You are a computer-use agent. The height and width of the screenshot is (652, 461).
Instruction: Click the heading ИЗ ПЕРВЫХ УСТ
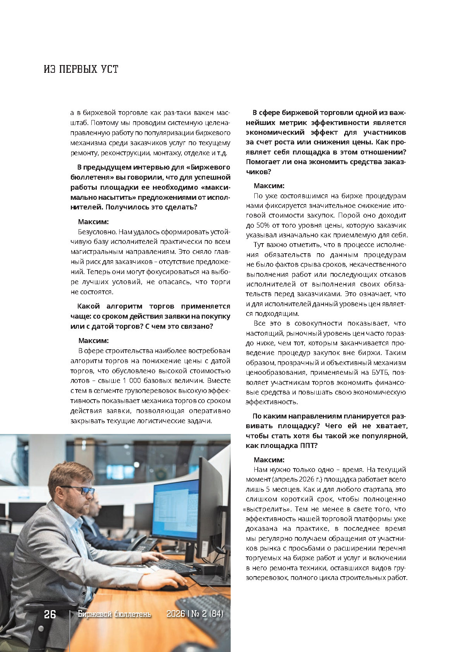click(81, 69)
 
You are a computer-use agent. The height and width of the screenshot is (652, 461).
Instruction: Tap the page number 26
click(50, 614)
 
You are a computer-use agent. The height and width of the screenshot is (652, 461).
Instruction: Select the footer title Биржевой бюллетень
click(114, 614)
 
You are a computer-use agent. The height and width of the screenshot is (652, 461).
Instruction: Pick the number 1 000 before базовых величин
click(132, 381)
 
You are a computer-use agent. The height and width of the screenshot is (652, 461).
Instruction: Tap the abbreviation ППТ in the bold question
click(308, 446)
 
